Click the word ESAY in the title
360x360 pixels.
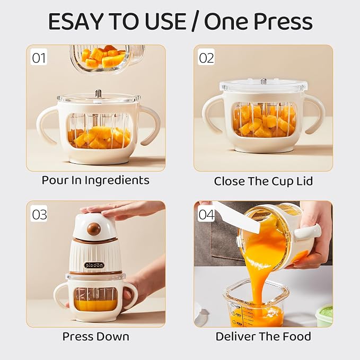click(75, 21)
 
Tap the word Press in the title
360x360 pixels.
click(283, 21)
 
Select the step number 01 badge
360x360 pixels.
click(39, 57)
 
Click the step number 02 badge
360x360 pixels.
click(206, 57)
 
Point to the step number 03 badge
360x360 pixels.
click(39, 214)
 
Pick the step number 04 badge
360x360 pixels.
click(206, 214)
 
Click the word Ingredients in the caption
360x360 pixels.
click(117, 181)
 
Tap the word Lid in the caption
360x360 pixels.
click(304, 181)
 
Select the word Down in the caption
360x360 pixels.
click(112, 337)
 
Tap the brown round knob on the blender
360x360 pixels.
click(94, 229)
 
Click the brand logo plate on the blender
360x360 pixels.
click(94, 265)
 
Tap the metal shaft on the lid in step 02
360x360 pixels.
click(263, 81)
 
